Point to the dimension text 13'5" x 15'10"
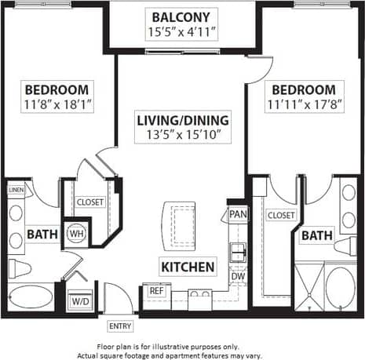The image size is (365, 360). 183,135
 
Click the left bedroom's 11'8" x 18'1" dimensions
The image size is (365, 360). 57,104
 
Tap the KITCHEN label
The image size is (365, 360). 188,267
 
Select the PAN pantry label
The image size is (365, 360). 237,214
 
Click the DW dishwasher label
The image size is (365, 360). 237,276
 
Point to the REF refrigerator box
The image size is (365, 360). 155,291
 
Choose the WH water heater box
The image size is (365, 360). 77,233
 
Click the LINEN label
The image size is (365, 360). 15,190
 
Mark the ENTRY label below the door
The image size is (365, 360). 120,325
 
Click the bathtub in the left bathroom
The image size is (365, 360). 30,299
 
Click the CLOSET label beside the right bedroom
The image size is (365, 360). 280,215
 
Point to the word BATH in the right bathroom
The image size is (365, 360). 316,235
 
